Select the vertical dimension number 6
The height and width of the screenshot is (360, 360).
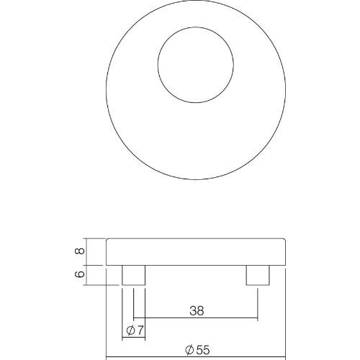[81, 274]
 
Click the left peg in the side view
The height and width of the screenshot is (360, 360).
[133, 275]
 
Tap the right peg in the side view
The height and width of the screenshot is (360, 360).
[258, 275]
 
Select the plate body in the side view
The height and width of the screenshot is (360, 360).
[196, 252]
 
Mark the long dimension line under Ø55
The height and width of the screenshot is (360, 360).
[196, 357]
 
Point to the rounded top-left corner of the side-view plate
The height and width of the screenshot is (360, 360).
[108, 241]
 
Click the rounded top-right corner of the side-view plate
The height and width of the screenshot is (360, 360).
[284, 241]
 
